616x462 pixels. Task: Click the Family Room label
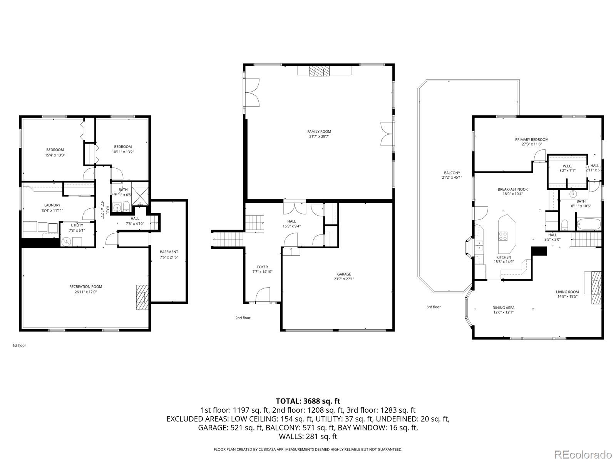coord(319,132)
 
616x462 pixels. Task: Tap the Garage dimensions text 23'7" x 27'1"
coord(344,279)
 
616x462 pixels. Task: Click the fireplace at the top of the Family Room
coord(319,72)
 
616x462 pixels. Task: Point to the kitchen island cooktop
coord(503,235)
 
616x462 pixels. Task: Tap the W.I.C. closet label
coord(567,166)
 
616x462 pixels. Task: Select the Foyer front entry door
coord(263,296)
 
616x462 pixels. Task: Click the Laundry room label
coord(52,205)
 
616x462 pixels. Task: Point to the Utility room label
coord(77,225)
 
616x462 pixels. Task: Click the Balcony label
coord(452,173)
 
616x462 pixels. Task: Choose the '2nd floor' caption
coord(243,318)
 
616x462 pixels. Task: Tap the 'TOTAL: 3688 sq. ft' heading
coord(308,401)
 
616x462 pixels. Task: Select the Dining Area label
coord(503,308)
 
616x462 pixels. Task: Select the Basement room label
coord(169,252)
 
